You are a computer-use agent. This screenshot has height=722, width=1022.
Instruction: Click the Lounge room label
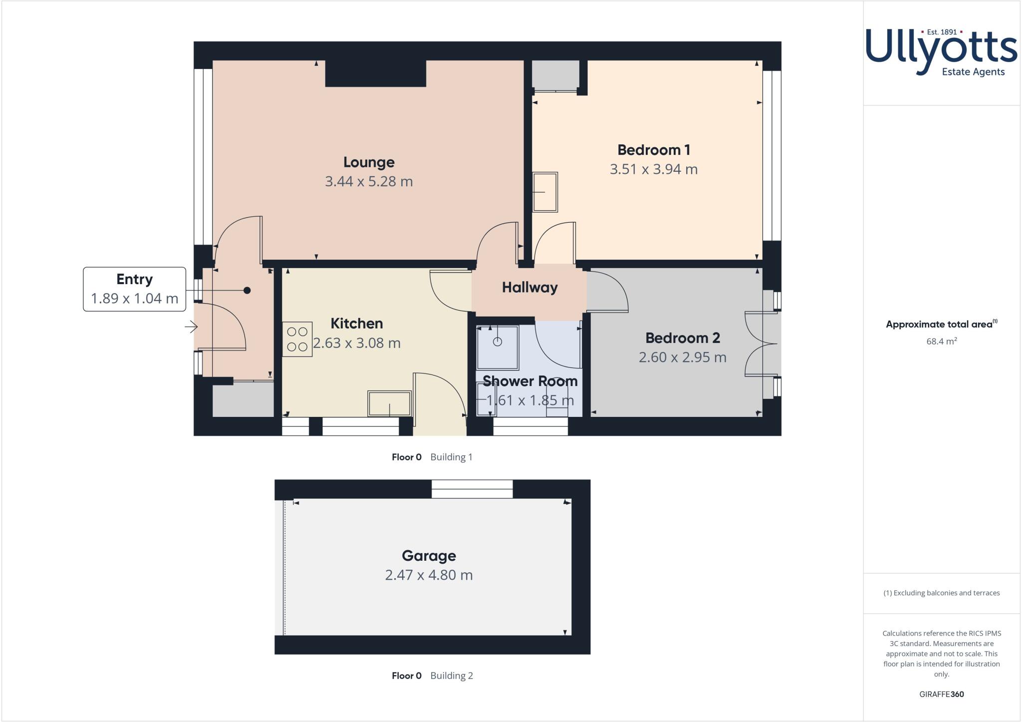click(369, 162)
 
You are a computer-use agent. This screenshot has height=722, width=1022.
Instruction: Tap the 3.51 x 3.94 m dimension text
click(653, 169)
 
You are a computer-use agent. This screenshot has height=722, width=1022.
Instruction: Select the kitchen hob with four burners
click(297, 339)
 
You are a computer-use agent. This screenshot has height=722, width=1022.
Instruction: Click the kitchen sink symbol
click(389, 403)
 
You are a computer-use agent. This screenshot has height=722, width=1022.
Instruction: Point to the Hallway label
click(529, 288)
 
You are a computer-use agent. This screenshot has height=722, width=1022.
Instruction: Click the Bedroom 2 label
click(682, 338)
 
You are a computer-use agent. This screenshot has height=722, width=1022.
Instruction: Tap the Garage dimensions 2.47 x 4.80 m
click(429, 575)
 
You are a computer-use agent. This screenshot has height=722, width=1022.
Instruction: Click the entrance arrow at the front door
click(191, 327)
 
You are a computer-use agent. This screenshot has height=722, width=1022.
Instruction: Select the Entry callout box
click(134, 289)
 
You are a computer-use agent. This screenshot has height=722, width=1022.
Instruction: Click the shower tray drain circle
click(497, 342)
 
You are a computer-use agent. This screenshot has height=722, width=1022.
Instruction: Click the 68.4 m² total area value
click(941, 342)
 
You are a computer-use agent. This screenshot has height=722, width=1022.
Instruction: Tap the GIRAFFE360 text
click(941, 694)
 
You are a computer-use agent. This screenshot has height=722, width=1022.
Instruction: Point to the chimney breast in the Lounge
click(375, 73)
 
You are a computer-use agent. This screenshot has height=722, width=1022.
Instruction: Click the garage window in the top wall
click(472, 489)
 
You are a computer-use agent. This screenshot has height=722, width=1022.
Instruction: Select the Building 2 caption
click(451, 676)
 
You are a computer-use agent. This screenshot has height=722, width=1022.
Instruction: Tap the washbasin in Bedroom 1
click(545, 192)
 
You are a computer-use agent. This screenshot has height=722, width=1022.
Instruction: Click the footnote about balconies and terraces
click(941, 593)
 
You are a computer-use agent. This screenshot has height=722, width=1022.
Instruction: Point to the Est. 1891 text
click(942, 32)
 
